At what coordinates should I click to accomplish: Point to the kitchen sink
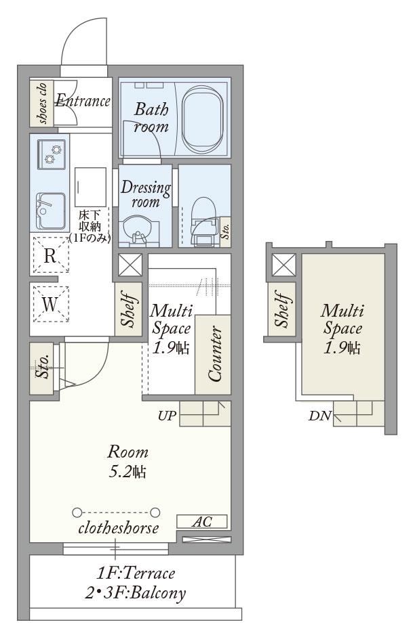51,211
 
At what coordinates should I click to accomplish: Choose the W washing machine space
50,304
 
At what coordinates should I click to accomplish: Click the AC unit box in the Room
202,521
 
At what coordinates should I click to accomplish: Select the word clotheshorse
119,528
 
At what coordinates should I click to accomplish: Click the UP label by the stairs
167,416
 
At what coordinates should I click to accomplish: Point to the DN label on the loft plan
320,416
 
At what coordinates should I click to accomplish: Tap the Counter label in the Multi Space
215,354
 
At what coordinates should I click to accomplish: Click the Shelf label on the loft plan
283,308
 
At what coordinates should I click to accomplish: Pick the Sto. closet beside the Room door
41,368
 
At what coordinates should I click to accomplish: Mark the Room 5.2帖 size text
127,462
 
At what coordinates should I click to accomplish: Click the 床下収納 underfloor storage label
90,226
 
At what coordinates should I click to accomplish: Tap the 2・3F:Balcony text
136,594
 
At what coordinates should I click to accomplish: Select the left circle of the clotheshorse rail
77,512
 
